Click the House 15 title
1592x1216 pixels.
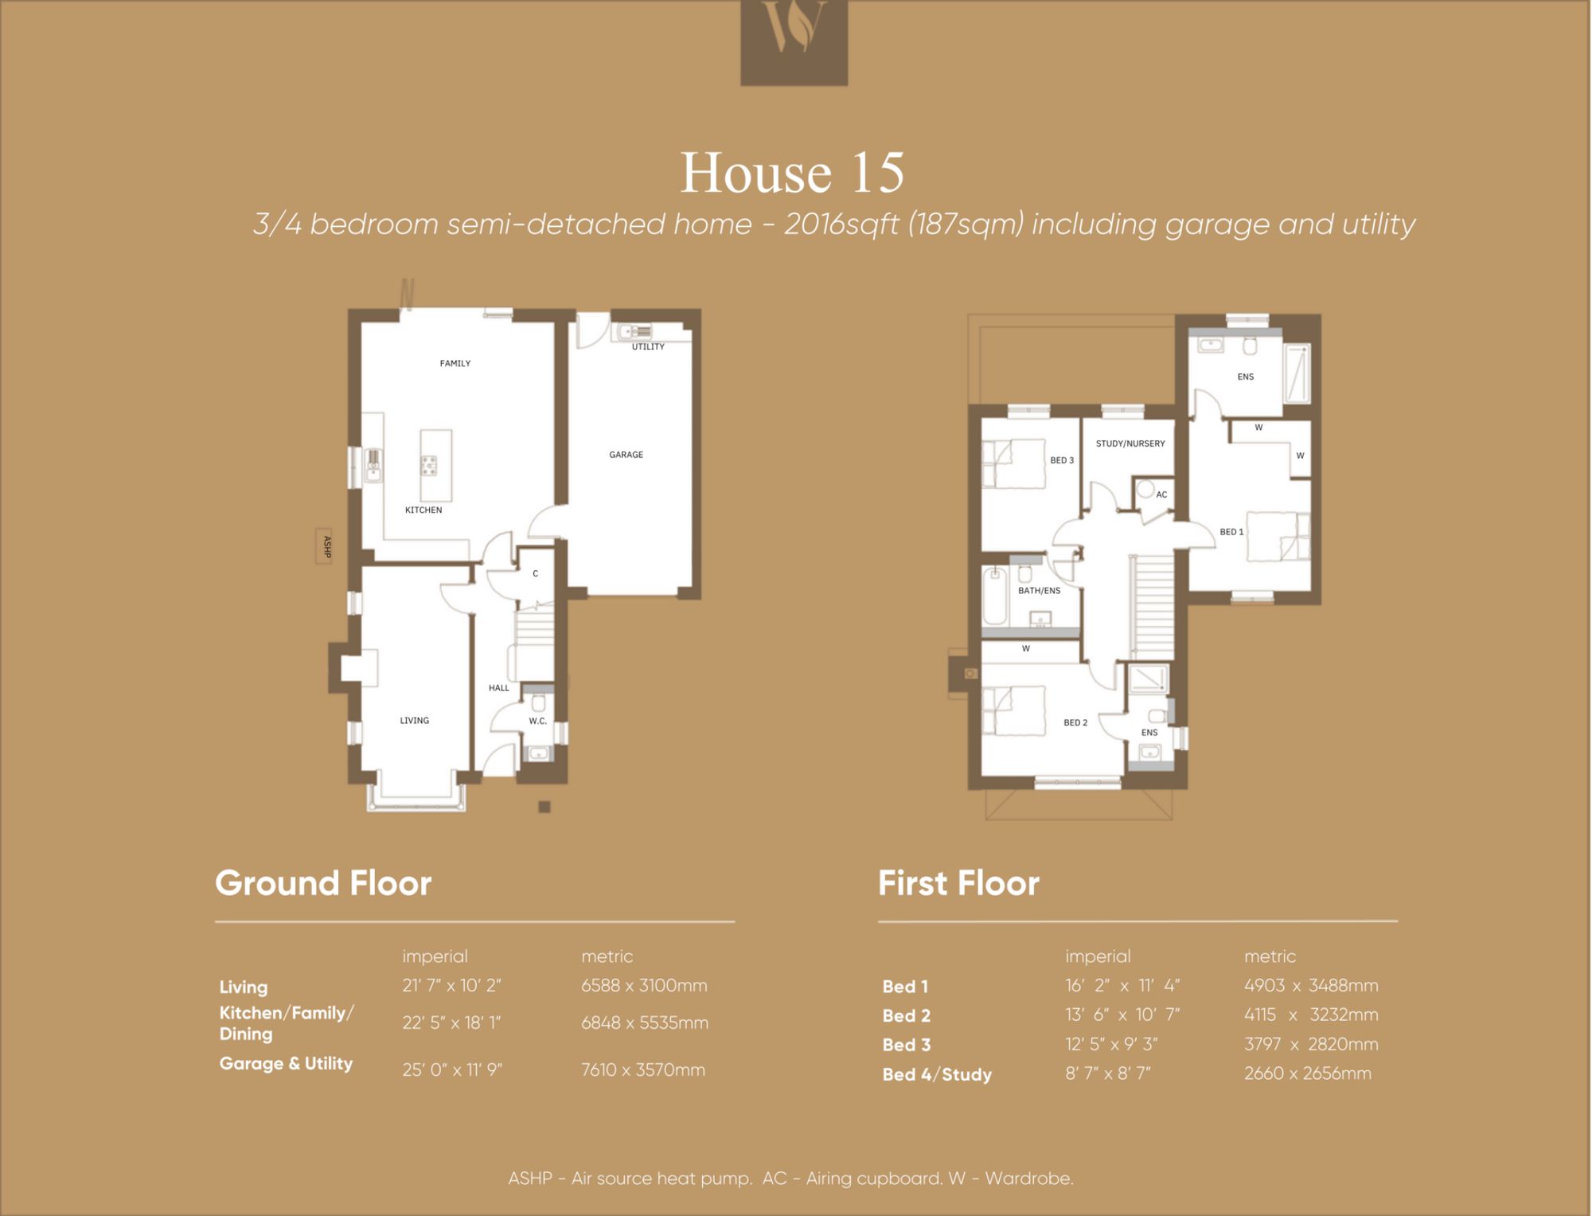[x=793, y=172]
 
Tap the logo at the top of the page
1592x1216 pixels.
[x=794, y=42]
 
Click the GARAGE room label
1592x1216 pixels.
[x=626, y=455]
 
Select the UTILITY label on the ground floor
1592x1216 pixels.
[x=648, y=346]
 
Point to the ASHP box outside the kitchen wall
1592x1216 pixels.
[x=324, y=546]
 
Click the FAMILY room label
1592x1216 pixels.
[x=455, y=363]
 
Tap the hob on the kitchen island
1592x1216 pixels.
[x=429, y=465]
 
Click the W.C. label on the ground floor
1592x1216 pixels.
[x=538, y=721]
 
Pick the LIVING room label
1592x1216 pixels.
[x=414, y=721]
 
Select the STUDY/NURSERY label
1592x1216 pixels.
[x=1130, y=444]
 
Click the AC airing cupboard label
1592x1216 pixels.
[x=1161, y=495]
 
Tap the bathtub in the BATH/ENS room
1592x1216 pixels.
[x=994, y=596]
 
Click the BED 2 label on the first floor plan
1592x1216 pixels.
[x=1075, y=723]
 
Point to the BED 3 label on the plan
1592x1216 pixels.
[x=1062, y=460]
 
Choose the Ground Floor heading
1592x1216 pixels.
[x=323, y=883]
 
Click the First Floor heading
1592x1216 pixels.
[x=958, y=883]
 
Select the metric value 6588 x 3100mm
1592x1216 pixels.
[x=644, y=986]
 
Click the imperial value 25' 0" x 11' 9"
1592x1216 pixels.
[x=452, y=1069]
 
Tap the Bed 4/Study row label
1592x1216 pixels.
[x=937, y=1075]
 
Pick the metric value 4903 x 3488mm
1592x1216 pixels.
[x=1311, y=986]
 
